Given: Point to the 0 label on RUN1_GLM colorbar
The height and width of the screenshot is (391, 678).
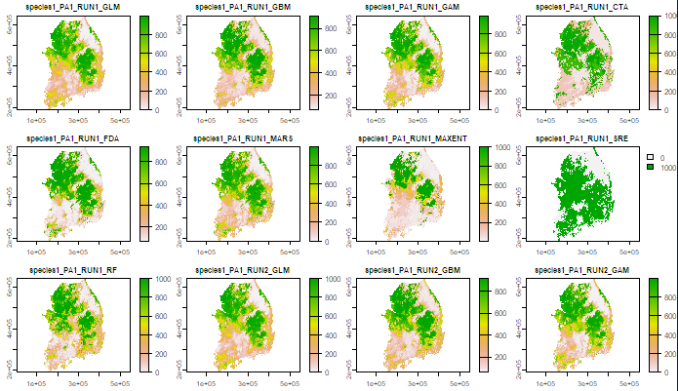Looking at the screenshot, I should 158,110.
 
